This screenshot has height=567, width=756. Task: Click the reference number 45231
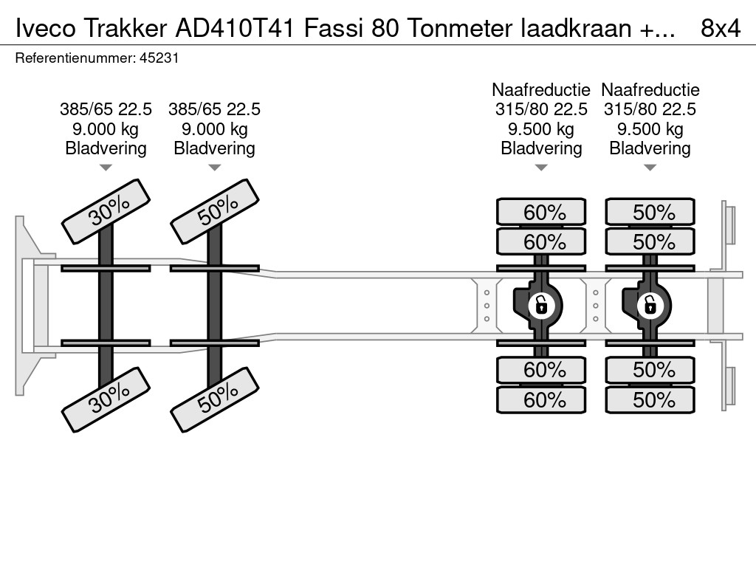tap(159, 58)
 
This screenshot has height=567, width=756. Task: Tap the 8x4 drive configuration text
tap(720, 28)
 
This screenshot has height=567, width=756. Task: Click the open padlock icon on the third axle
tap(541, 304)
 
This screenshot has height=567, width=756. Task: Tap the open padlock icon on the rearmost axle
tap(650, 304)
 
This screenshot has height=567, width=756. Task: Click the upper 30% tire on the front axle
tap(106, 211)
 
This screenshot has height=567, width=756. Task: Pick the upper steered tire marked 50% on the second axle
tap(215, 211)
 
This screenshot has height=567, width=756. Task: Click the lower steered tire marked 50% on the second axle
tap(215, 399)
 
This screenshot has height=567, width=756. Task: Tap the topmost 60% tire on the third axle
tap(541, 213)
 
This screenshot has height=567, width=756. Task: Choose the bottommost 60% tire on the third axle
tap(541, 400)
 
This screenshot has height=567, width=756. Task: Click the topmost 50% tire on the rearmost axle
tap(650, 213)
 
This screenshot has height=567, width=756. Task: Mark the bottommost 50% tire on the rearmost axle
tap(650, 400)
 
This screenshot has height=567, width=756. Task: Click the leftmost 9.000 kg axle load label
tap(106, 128)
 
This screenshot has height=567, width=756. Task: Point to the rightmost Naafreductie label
tap(650, 90)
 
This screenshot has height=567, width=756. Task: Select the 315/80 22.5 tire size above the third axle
tap(541, 109)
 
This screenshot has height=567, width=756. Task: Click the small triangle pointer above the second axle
tap(215, 168)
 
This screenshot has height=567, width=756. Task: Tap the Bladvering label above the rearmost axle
tap(650, 148)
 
